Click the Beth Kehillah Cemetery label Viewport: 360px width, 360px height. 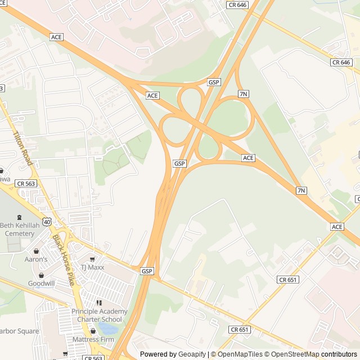coord(25,229)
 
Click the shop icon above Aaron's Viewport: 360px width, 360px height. coord(37,251)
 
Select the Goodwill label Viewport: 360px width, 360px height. coord(41,283)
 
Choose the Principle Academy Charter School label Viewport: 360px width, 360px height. coord(100,316)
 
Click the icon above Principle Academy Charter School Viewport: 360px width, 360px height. coord(100,303)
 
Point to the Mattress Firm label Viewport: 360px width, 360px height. coord(93,339)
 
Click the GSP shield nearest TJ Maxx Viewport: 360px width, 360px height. coord(147,271)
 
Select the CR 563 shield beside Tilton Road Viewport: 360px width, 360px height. coord(26,183)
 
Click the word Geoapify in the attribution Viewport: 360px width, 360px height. coord(192,354)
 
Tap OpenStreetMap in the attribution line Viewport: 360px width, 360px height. coord(292,354)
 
